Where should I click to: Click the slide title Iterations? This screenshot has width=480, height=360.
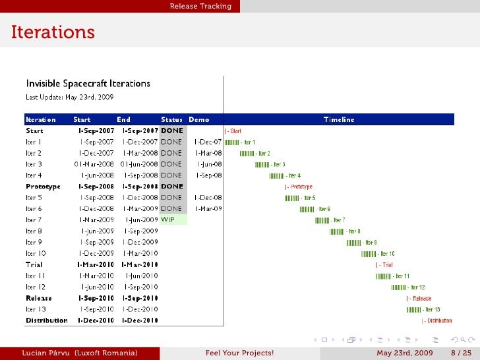pyautogui.click(x=53, y=32)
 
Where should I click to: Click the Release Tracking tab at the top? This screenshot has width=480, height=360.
pyautogui.click(x=200, y=7)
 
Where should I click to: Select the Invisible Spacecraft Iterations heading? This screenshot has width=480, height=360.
pyautogui.click(x=88, y=84)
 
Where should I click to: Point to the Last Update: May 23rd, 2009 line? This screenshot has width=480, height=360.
pyautogui.click(x=69, y=97)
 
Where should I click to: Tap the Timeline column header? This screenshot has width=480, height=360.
pyautogui.click(x=339, y=120)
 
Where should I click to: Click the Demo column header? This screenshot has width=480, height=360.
pyautogui.click(x=198, y=120)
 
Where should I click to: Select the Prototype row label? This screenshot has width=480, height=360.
pyautogui.click(x=43, y=187)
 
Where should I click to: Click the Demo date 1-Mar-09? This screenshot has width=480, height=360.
pyautogui.click(x=208, y=209)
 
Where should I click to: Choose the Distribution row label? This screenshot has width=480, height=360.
pyautogui.click(x=46, y=320)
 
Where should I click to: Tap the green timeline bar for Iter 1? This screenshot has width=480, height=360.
pyautogui.click(x=231, y=142)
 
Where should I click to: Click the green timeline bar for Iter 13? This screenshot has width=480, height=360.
pyautogui.click(x=413, y=309)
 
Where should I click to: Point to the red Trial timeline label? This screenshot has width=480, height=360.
pyautogui.click(x=385, y=265)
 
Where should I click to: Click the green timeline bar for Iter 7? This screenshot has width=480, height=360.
pyautogui.click(x=322, y=220)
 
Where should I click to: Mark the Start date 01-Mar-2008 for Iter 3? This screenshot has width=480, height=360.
pyautogui.click(x=94, y=164)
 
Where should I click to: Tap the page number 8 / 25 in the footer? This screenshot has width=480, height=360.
pyautogui.click(x=461, y=353)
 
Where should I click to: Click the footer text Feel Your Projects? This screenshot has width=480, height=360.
pyautogui.click(x=239, y=353)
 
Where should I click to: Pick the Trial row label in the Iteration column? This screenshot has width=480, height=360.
pyautogui.click(x=34, y=264)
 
